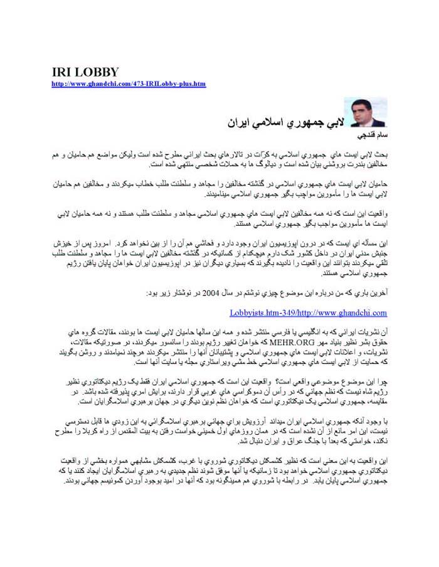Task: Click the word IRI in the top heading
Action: (x=62, y=72)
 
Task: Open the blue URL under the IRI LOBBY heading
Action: (x=129, y=83)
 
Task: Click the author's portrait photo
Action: (x=351, y=112)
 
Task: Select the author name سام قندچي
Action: (x=356, y=135)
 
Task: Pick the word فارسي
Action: (x=283, y=333)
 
